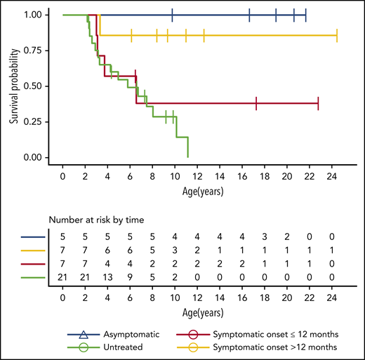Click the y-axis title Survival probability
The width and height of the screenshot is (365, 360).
13,85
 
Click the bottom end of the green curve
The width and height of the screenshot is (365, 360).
188,157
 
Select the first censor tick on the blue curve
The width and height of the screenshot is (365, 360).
172,15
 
